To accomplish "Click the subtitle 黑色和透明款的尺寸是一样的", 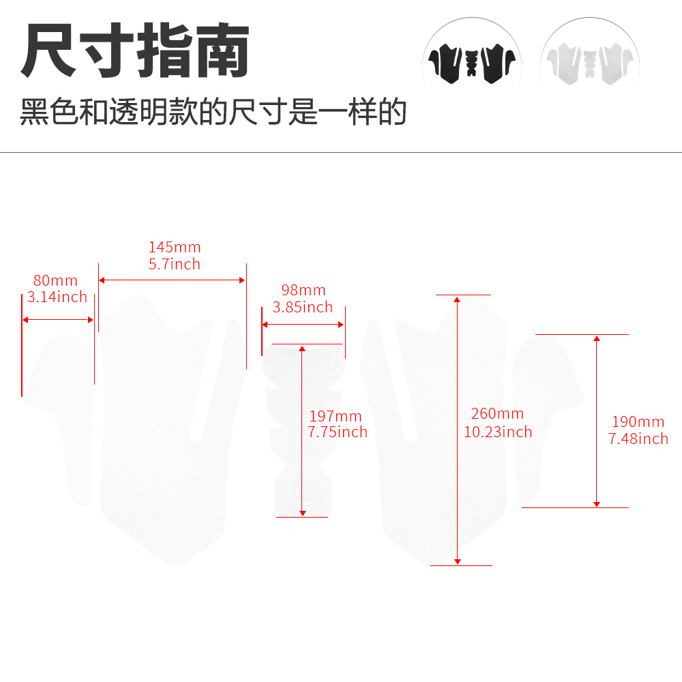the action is point(213,112).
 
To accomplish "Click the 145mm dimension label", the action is point(175,247).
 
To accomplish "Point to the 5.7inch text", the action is point(175,264).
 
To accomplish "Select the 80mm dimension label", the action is point(55,280).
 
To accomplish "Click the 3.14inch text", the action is point(57,297).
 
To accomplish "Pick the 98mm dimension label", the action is point(303,290).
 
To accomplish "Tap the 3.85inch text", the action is point(303,307).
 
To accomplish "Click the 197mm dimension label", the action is point(336,416).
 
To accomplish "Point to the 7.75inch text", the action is point(338,432).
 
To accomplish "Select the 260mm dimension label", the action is point(497,414).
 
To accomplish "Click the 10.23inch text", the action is point(498,432).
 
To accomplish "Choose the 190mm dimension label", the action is point(638,421).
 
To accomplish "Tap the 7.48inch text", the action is point(638,439).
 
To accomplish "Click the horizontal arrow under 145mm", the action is point(173,280).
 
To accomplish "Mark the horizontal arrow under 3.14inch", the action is point(58,320).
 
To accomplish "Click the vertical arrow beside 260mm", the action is point(457,430).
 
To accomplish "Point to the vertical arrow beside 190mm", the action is point(597,421).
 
